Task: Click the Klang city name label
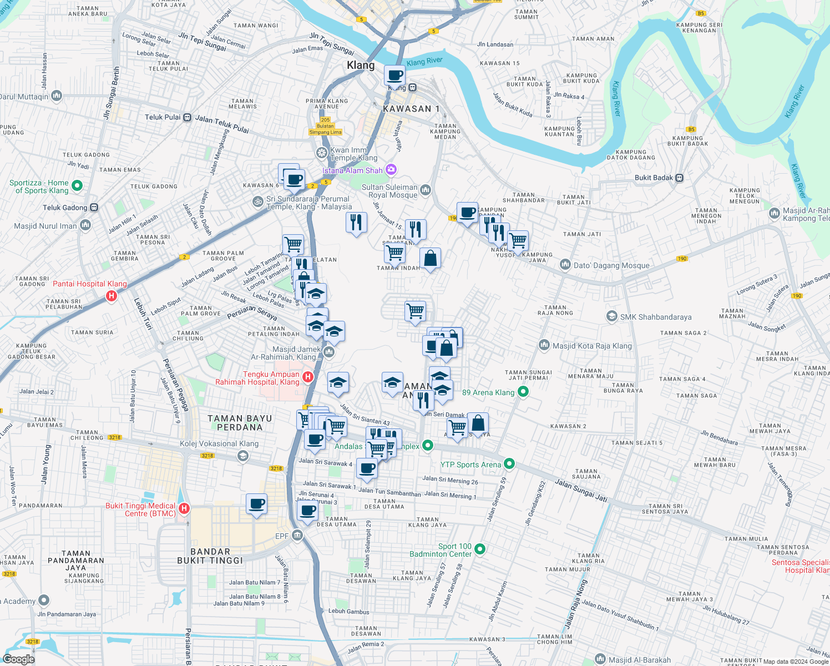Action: pyautogui.click(x=361, y=65)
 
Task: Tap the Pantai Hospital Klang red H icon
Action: pyautogui.click(x=112, y=296)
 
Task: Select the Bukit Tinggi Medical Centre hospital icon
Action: pyautogui.click(x=184, y=508)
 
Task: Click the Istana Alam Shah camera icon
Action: pyautogui.click(x=391, y=169)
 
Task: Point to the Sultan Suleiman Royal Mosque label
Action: pyautogui.click(x=389, y=191)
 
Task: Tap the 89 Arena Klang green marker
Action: pyautogui.click(x=523, y=392)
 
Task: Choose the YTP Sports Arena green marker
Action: pyautogui.click(x=510, y=464)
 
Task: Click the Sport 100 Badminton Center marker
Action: pyautogui.click(x=480, y=549)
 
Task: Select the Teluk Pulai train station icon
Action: pyautogui.click(x=188, y=118)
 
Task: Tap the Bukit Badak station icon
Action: pyautogui.click(x=680, y=178)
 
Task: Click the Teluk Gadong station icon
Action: pyautogui.click(x=94, y=208)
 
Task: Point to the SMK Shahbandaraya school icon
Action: pyautogui.click(x=611, y=316)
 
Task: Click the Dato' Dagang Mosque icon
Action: pyautogui.click(x=565, y=265)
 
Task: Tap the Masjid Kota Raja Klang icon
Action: pyautogui.click(x=544, y=345)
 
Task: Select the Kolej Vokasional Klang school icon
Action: pyautogui.click(x=242, y=456)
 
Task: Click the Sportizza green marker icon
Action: pyautogui.click(x=77, y=186)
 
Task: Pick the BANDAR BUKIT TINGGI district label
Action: pyautogui.click(x=210, y=556)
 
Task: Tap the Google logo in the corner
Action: pyautogui.click(x=18, y=659)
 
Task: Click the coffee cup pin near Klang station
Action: pyautogui.click(x=395, y=75)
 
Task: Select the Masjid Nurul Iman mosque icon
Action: pyautogui.click(x=85, y=225)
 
